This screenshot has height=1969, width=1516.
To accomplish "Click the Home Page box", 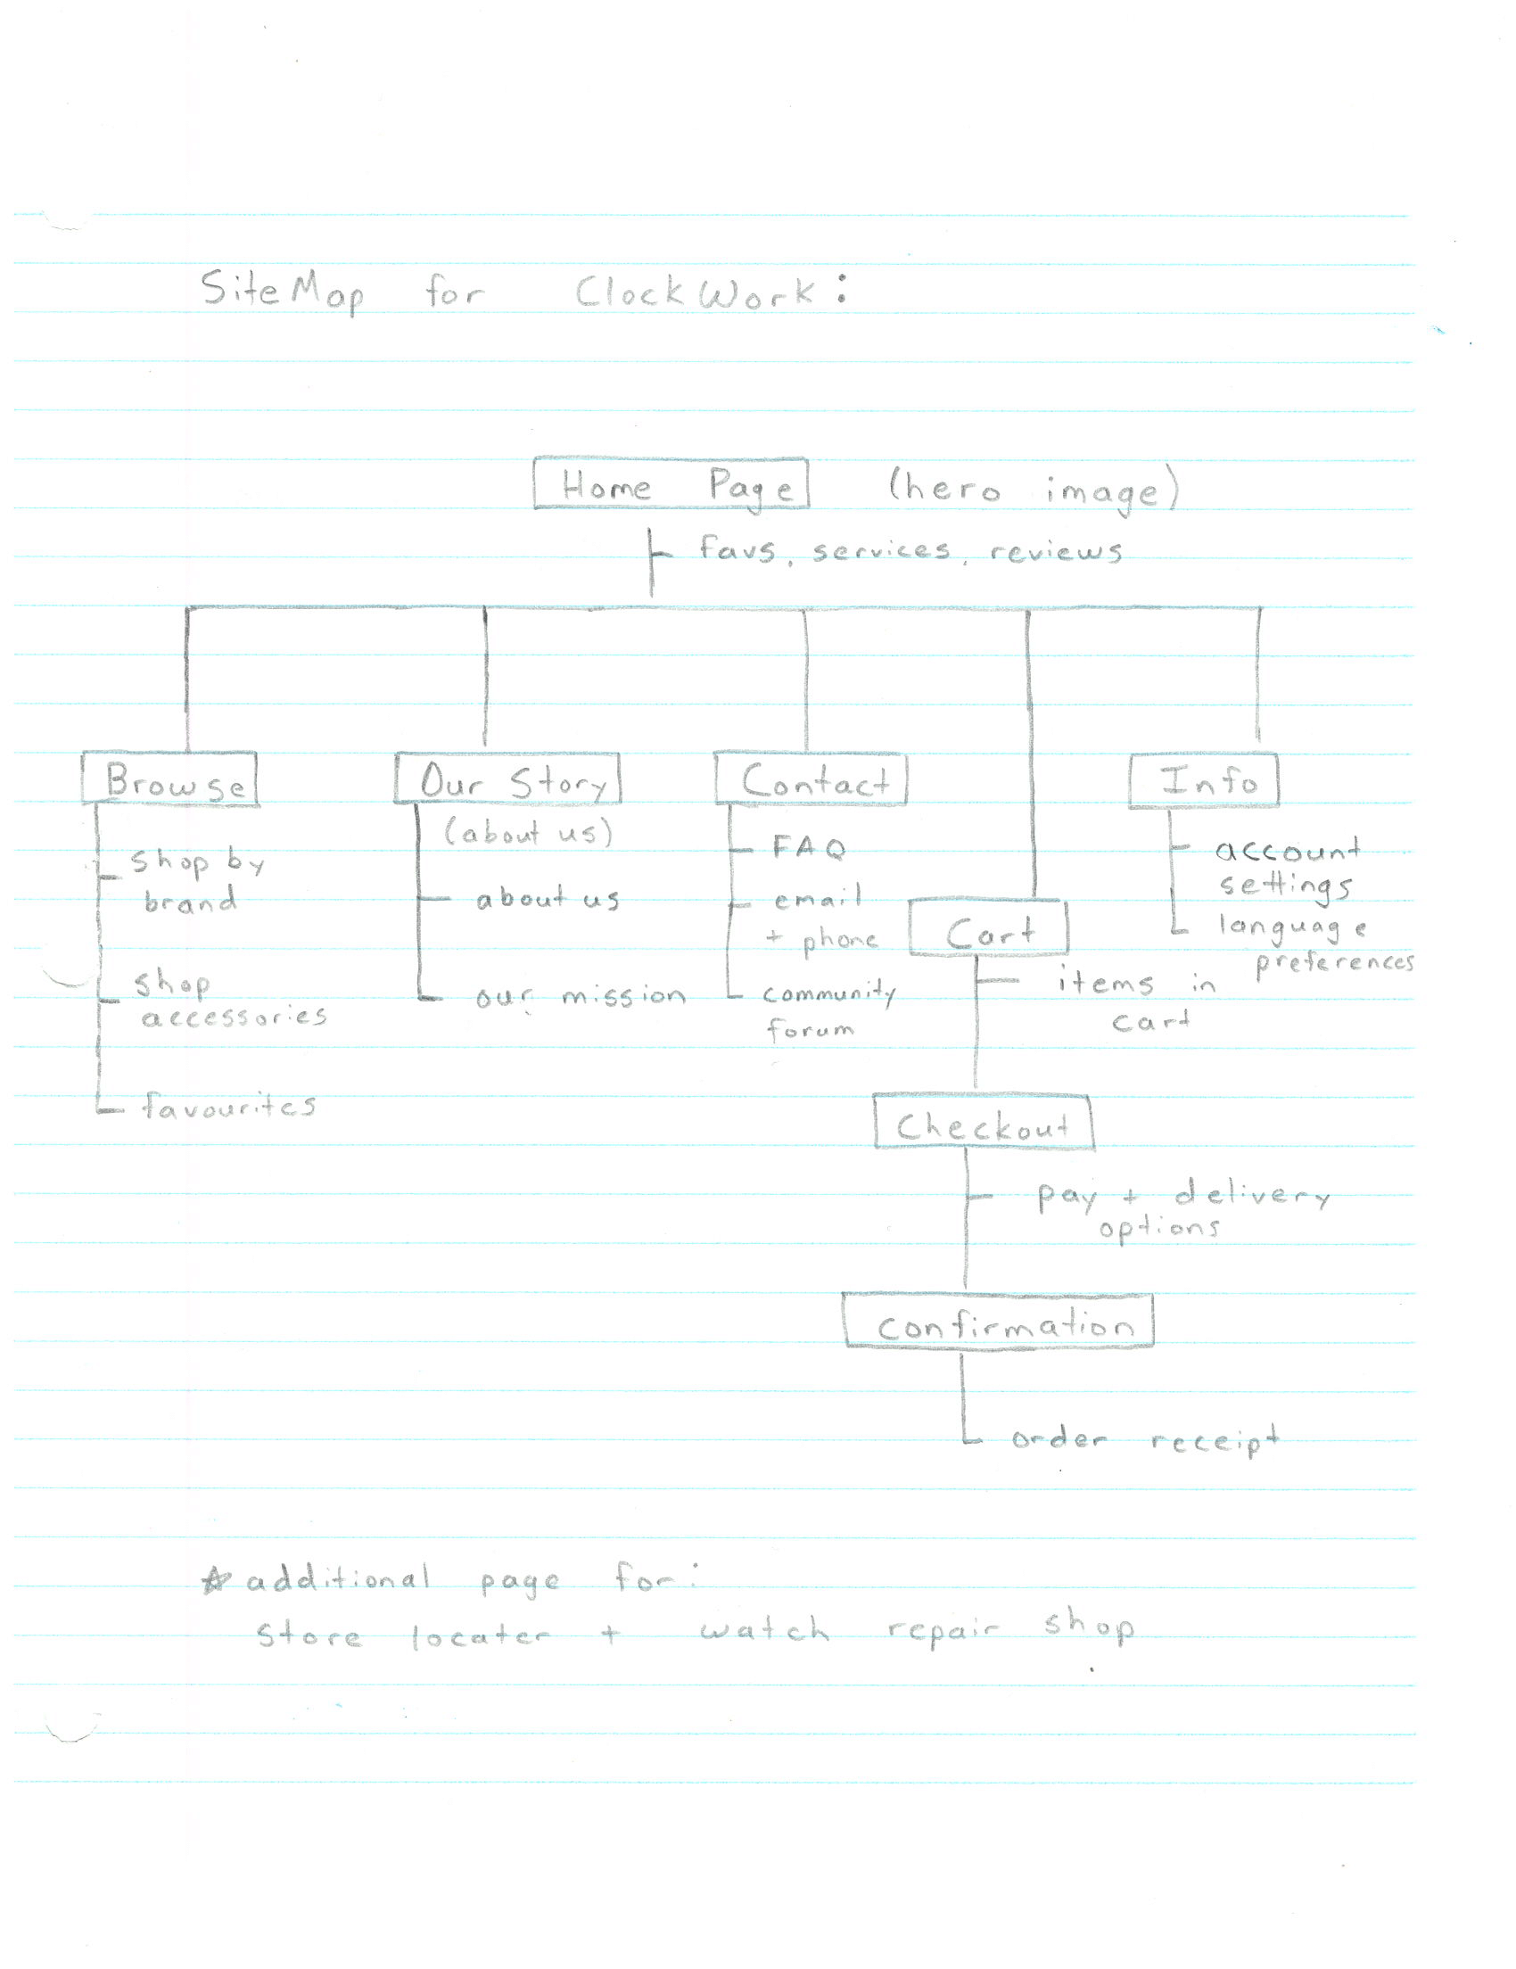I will [671, 484].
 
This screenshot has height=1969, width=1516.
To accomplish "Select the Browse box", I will [170, 779].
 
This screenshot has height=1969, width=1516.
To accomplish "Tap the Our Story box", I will [507, 779].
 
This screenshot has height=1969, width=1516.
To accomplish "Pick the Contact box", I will [811, 779].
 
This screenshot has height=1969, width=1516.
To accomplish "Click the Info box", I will [1203, 780].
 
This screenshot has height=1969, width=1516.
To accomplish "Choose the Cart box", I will [989, 928].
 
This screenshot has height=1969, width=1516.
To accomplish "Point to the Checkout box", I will [984, 1123].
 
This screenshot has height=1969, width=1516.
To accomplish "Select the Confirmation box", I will [999, 1322].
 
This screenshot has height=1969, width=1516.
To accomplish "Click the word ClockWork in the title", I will [695, 292].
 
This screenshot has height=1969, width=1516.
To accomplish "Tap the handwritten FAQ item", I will [809, 847].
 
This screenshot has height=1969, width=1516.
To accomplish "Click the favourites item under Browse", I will [229, 1105].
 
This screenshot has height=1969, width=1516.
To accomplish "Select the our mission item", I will [580, 996].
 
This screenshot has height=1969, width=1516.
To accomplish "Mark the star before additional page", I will [216, 1579].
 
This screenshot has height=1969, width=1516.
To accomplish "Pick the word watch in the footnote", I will [763, 1628].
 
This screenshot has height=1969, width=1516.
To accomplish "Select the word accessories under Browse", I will [234, 1017].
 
